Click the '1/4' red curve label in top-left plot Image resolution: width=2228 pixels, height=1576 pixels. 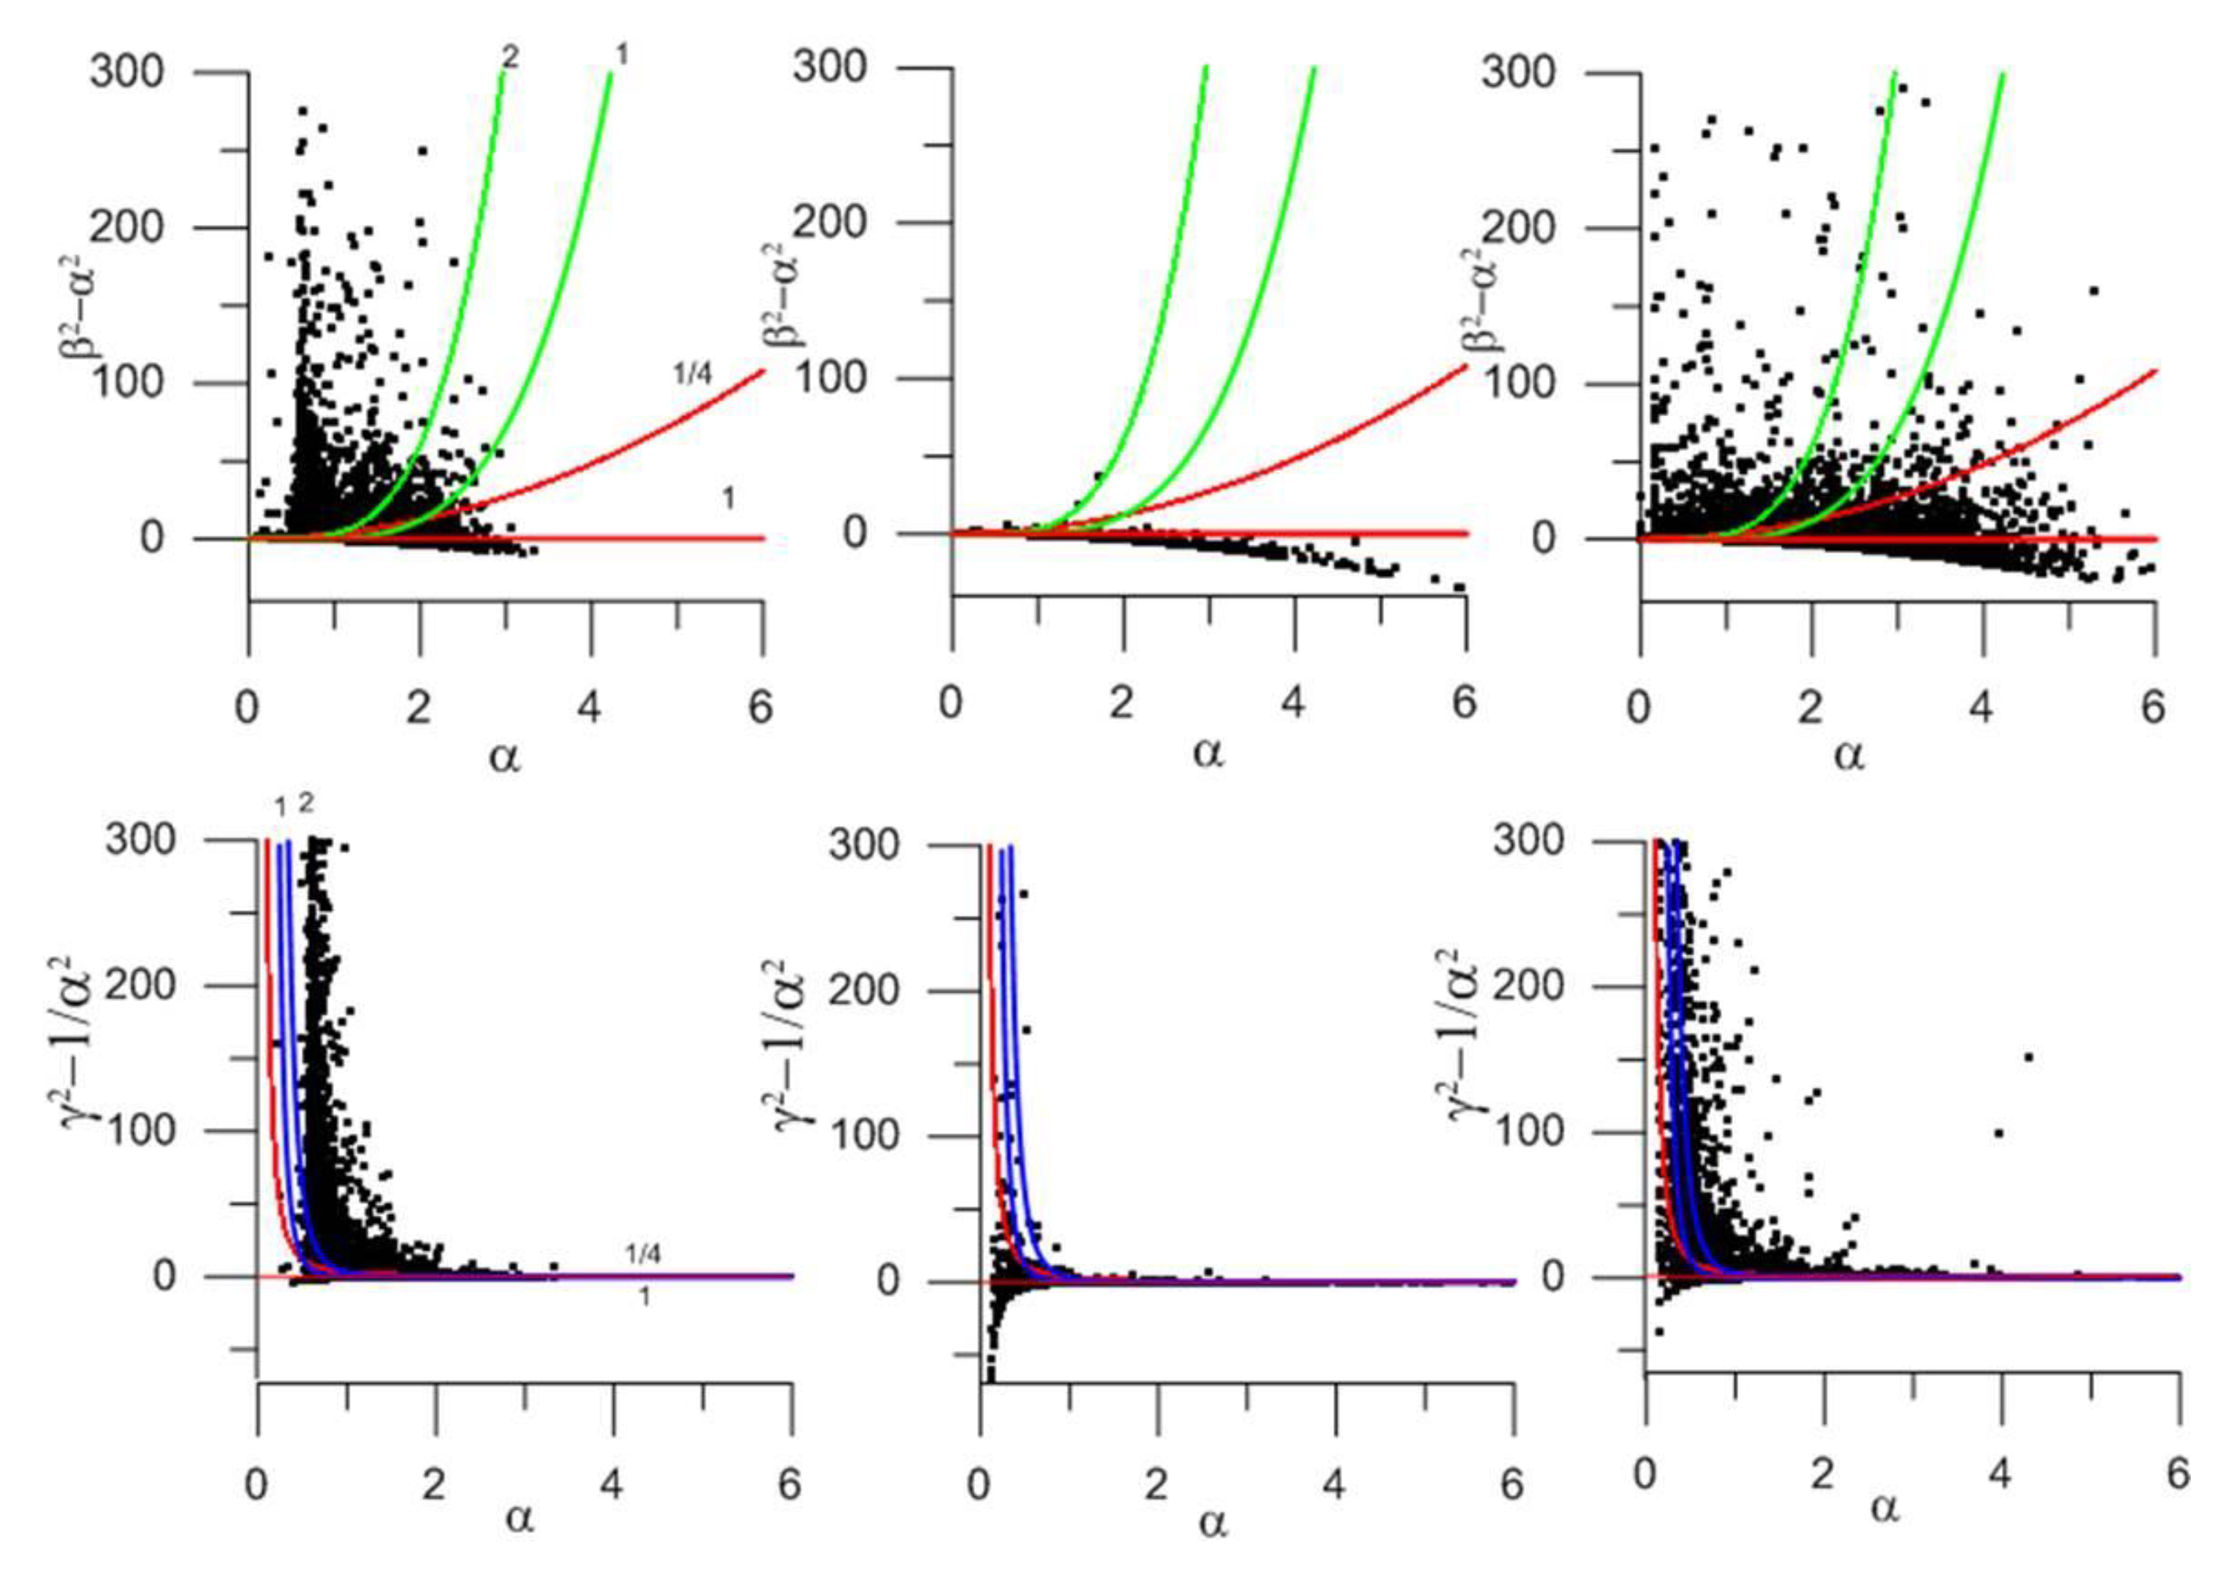692,375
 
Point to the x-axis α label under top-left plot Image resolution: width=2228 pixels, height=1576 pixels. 504,755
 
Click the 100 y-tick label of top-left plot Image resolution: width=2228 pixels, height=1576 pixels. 129,384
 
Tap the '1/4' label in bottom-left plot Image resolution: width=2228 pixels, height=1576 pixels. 642,1254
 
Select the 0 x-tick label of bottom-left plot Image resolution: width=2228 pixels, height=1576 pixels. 255,1485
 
